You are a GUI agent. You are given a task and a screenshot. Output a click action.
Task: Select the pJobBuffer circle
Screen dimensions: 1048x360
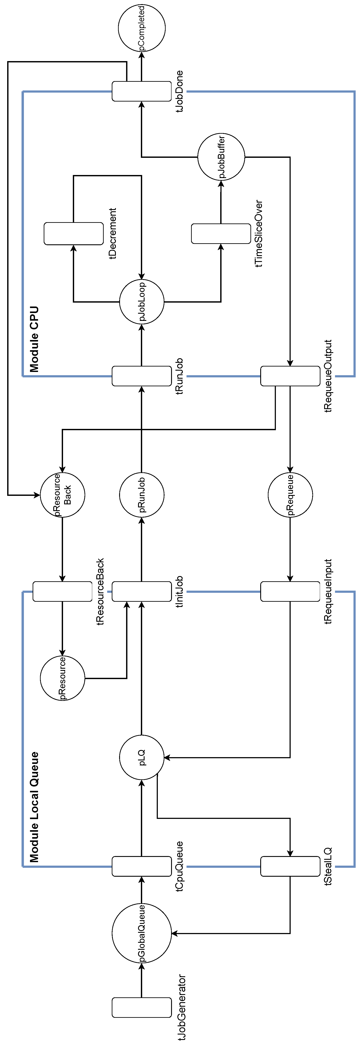[x=221, y=157]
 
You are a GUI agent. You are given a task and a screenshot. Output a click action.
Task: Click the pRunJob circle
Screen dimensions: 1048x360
[x=142, y=495]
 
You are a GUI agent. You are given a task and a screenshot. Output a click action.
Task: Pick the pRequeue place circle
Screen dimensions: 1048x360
[x=290, y=495]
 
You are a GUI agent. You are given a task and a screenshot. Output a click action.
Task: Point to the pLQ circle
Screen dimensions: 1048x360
[x=142, y=758]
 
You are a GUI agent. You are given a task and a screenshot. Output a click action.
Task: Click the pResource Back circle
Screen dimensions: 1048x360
[x=62, y=495]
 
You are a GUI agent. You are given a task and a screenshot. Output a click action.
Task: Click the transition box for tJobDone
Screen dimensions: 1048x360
[x=142, y=91]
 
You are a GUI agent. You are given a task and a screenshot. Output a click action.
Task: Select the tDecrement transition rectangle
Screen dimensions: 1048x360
[x=74, y=233]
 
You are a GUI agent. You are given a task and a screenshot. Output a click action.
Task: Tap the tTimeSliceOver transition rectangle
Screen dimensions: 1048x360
[x=221, y=233]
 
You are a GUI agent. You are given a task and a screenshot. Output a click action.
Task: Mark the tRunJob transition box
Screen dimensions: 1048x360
[x=142, y=376]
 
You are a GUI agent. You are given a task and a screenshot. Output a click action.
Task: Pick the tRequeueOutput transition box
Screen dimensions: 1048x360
[x=290, y=376]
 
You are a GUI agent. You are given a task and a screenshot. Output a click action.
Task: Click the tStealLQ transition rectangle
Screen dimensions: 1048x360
[x=290, y=866]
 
